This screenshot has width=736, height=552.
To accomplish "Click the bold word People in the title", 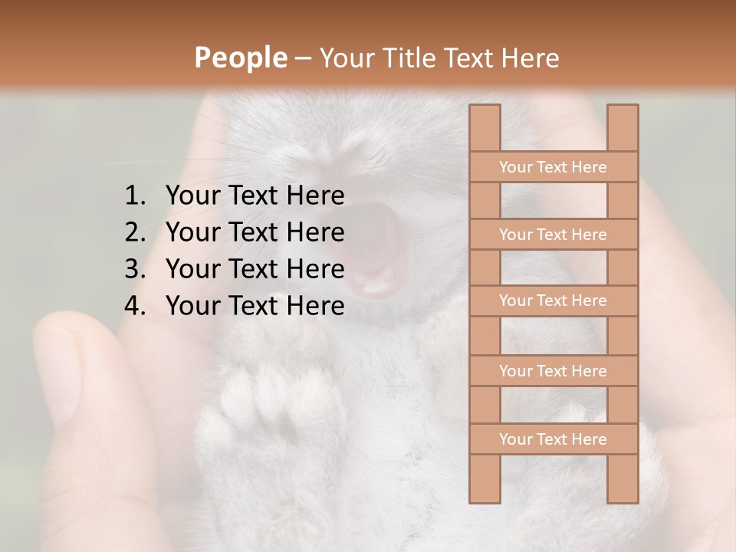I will pyautogui.click(x=239, y=58).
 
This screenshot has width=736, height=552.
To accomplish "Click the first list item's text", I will pyautogui.click(x=255, y=196).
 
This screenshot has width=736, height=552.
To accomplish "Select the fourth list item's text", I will pyautogui.click(x=255, y=306).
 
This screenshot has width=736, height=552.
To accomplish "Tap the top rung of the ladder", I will pyautogui.click(x=553, y=167).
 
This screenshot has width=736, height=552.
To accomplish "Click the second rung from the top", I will pyautogui.click(x=553, y=235).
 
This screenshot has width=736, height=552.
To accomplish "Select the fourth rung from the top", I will pyautogui.click(x=553, y=371).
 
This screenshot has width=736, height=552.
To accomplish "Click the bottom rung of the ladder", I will pyautogui.click(x=553, y=439).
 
